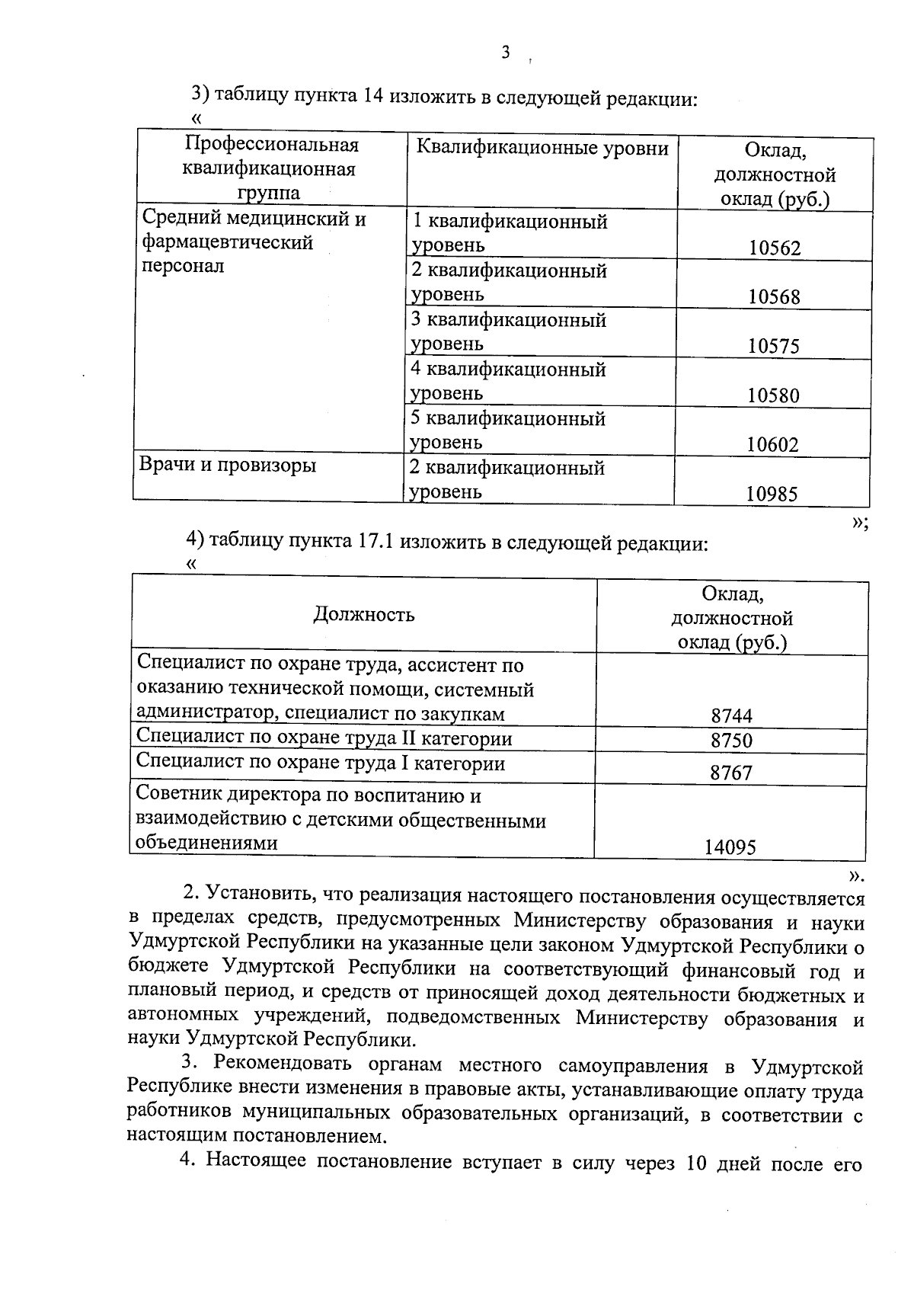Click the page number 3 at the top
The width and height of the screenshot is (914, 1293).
pyautogui.click(x=505, y=53)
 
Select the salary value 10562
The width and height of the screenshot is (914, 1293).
pyautogui.click(x=775, y=248)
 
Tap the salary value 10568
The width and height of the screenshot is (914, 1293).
pyautogui.click(x=775, y=297)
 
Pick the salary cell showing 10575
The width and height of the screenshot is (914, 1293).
pyautogui.click(x=774, y=347)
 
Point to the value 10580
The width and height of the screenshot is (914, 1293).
pyautogui.click(x=774, y=395)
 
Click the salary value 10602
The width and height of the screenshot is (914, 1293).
pyautogui.click(x=773, y=445)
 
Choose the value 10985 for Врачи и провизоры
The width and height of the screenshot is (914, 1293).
pyautogui.click(x=772, y=494)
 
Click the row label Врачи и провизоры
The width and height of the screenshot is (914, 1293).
pyautogui.click(x=228, y=465)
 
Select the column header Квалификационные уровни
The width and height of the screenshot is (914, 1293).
pyautogui.click(x=542, y=148)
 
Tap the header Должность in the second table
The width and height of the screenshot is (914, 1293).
pyautogui.click(x=363, y=615)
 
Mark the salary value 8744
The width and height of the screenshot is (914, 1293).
pyautogui.click(x=731, y=715)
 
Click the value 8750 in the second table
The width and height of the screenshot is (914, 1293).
pyautogui.click(x=731, y=741)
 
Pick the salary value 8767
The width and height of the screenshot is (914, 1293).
pyautogui.click(x=731, y=773)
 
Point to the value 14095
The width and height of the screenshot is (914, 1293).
pyautogui.click(x=730, y=847)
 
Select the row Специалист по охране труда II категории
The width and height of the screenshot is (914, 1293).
pyautogui.click(x=324, y=738)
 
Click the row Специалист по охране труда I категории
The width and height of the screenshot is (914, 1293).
pyautogui.click(x=321, y=763)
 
